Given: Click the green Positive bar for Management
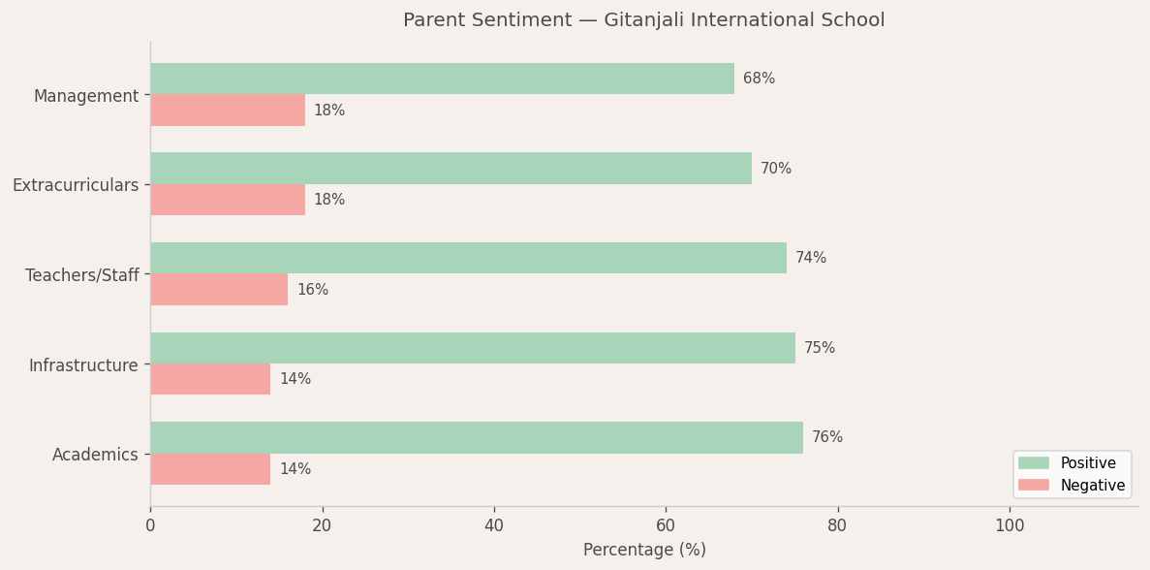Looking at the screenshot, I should pos(442,79).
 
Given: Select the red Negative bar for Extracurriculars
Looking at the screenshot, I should pos(228,200).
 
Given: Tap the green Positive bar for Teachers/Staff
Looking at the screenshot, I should pos(468,258).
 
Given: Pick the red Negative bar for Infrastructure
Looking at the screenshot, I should pos(210,379).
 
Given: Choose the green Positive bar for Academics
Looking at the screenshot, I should pos(477,437).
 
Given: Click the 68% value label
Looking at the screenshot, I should pos(759,79).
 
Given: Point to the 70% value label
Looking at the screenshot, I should pos(776,169).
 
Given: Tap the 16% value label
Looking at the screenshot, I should pos(312,290).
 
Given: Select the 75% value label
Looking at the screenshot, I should pos(820,348).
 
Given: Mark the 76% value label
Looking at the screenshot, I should pos(827,437).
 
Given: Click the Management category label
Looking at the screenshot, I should pos(86,96).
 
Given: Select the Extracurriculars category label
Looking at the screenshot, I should pos(76,185).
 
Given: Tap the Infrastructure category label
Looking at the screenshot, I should pos(83,365).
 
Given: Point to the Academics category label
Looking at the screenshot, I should pos(95,455).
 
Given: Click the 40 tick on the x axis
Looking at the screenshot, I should pos(494,525).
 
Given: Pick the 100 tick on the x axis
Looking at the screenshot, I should pos(1010,525).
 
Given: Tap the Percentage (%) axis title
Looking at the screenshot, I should pos(644,550).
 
